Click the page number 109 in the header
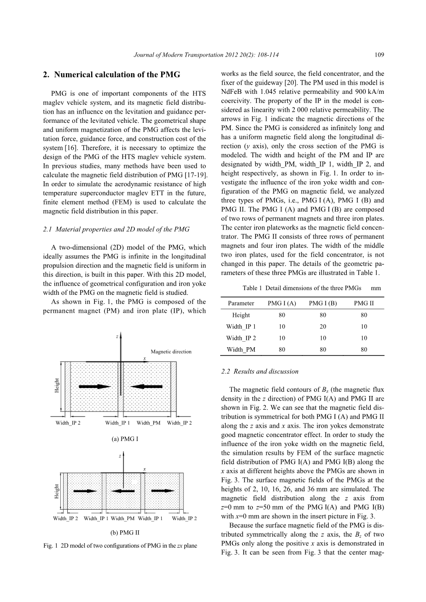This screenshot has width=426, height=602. click(x=379, y=55)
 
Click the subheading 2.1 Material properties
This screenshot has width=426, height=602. click(x=116, y=229)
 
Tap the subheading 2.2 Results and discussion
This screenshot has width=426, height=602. click(x=260, y=371)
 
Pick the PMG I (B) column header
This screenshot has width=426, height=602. click(x=323, y=303)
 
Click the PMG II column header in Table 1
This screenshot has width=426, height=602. click(x=364, y=303)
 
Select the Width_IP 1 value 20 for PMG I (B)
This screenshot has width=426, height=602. click(x=323, y=327)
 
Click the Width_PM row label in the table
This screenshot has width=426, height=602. click(x=241, y=350)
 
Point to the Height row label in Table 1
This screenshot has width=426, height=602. click(x=241, y=315)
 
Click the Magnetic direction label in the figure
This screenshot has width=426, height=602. click(x=171, y=352)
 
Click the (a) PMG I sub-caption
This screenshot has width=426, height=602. click(x=125, y=439)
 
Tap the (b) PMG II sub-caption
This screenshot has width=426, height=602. click(x=125, y=533)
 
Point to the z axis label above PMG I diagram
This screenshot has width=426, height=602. click(x=117, y=337)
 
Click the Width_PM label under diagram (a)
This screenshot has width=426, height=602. click(x=148, y=423)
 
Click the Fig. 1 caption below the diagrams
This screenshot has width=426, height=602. click(x=120, y=545)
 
